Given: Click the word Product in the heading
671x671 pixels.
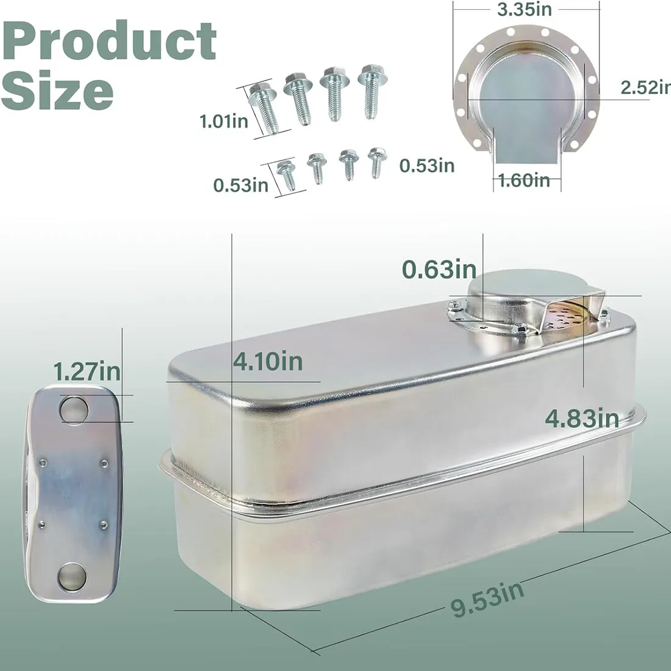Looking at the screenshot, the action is coord(109,41).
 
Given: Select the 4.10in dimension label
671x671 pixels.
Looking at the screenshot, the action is coord(268,362).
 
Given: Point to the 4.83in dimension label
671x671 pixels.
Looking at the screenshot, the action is coord(582,418).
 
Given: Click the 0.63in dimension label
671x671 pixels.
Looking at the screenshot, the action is coord(439,269).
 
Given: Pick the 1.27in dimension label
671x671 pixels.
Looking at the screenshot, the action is coord(87,371).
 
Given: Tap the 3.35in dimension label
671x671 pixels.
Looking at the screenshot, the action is coord(524,9).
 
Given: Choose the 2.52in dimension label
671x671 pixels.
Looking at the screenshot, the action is coord(646,87).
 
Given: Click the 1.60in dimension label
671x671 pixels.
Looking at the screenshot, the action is coord(524,180).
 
